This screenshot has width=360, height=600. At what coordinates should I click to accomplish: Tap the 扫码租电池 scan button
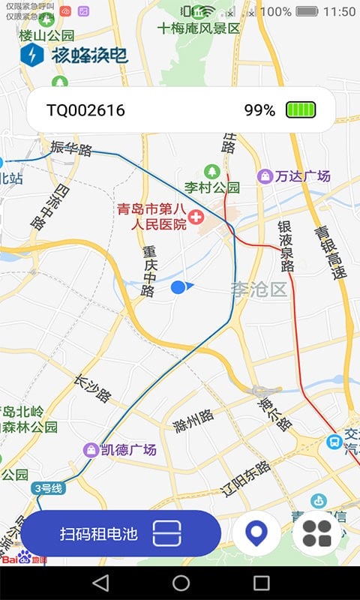point(120,533)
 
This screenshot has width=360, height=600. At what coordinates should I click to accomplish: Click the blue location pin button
point(256,533)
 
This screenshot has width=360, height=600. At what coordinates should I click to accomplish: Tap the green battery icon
point(301,110)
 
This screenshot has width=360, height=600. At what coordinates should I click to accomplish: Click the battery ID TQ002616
point(85,110)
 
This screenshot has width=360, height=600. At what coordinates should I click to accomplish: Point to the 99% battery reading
point(259,110)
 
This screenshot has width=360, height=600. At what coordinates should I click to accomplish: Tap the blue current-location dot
point(178,286)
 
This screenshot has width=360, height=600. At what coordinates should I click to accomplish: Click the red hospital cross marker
point(197,217)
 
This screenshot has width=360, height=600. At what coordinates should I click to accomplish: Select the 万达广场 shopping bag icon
point(264,176)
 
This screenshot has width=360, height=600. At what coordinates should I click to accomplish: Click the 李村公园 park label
point(212,187)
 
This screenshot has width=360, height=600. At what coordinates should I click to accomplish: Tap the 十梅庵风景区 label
point(199,28)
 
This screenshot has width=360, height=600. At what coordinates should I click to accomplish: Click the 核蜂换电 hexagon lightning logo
point(32,55)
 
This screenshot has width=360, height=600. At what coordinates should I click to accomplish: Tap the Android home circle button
point(181,583)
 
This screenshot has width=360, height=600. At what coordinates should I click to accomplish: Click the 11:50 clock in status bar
point(340,12)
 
